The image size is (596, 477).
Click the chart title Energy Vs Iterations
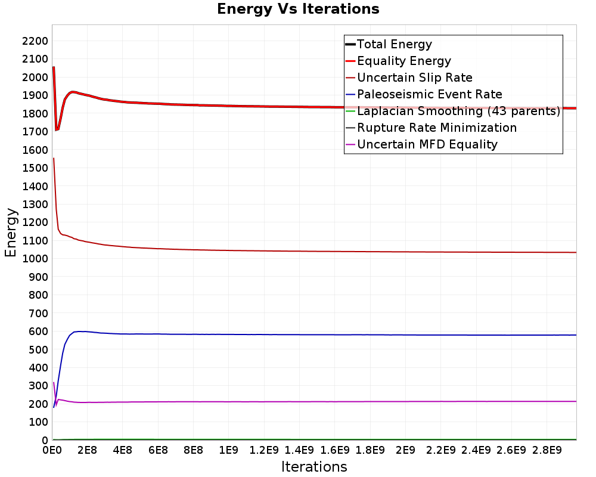click(x=298, y=9)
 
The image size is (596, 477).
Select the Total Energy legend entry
click(x=389, y=44)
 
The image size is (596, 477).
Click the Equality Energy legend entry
click(x=398, y=61)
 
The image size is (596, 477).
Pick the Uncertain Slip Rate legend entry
click(x=409, y=78)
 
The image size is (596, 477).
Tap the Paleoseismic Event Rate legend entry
click(x=423, y=94)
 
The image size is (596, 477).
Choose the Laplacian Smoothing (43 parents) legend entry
click(x=452, y=111)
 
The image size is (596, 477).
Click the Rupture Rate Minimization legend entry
click(x=431, y=128)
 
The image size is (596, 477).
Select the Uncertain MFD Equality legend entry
click(x=421, y=144)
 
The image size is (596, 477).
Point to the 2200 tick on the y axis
click(x=35, y=41)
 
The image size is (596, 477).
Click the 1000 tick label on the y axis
click(x=35, y=259)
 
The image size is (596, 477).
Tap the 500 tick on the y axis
click(x=38, y=349)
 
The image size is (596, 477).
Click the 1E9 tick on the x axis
click(x=228, y=450)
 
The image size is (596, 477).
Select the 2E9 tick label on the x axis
click(x=405, y=450)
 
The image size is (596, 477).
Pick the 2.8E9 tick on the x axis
click(x=547, y=450)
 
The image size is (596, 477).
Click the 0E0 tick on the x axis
click(x=52, y=450)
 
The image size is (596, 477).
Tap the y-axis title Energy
click(x=11, y=233)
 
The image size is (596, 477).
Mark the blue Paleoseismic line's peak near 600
click(x=79, y=332)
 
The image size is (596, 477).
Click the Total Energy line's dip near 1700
click(x=56, y=130)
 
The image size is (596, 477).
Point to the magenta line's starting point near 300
click(x=54, y=383)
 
